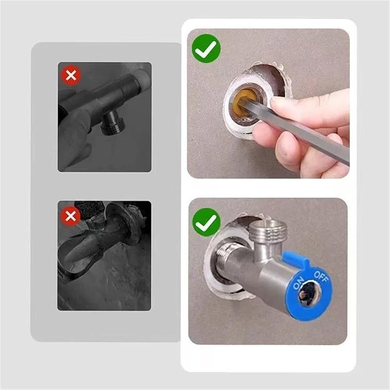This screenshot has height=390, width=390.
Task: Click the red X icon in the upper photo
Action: point(71,76)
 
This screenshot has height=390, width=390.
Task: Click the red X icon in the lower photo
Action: point(71,215)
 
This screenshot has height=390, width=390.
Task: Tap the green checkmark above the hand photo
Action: point(206,48)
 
